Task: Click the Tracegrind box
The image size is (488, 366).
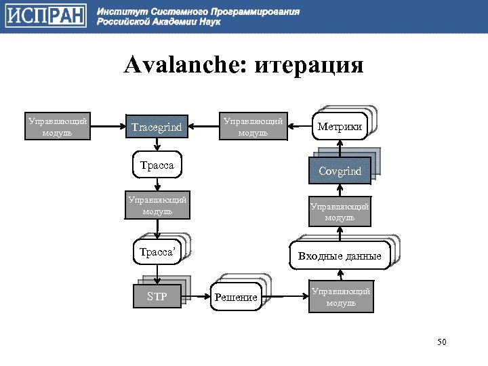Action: [157, 126]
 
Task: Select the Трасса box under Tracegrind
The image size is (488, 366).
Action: [157, 165]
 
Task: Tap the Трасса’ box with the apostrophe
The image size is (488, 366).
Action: [157, 253]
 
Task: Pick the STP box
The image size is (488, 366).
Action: [157, 296]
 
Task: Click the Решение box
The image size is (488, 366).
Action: [236, 297]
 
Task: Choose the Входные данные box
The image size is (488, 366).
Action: [340, 256]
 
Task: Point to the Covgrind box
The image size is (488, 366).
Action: [340, 171]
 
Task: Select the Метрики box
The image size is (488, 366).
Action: [340, 127]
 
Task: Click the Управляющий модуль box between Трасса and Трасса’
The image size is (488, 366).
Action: [157, 205]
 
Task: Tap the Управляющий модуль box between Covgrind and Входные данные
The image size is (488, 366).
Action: [340, 212]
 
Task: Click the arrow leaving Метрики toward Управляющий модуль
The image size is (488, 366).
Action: [299, 127]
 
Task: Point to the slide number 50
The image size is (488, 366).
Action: [442, 341]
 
